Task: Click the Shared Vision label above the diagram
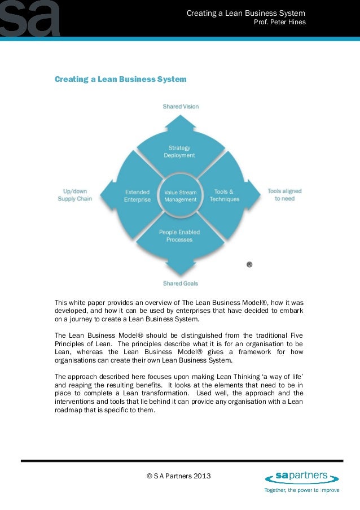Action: [x=181, y=106]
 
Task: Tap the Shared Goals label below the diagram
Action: [x=181, y=283]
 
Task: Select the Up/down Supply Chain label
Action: [x=75, y=195]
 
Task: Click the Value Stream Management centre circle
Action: [x=180, y=195]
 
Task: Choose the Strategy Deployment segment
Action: [x=179, y=151]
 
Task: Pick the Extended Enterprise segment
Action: [x=137, y=195]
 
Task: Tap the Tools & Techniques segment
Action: [x=224, y=195]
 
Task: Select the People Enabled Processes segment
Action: [x=179, y=236]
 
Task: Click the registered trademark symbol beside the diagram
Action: [x=249, y=264]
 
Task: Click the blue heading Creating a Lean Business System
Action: [x=120, y=80]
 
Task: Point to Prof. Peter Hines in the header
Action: [x=280, y=23]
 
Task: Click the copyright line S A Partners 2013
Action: [x=178, y=476]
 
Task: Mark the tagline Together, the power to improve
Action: [x=302, y=490]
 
